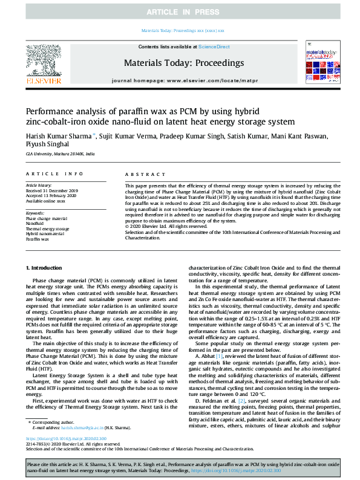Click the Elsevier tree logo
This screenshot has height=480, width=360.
click(44, 60)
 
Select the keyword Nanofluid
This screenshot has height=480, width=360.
click(34, 223)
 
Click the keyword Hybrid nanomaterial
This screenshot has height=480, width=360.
click(45, 234)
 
